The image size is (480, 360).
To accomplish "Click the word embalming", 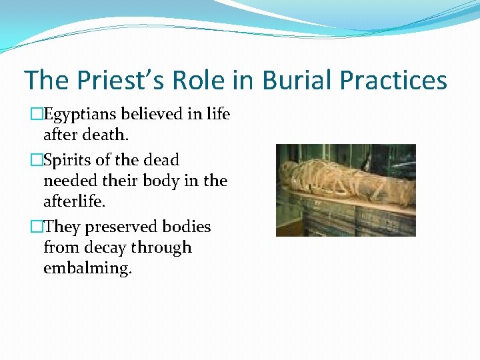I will pyautogui.click(x=87, y=269).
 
